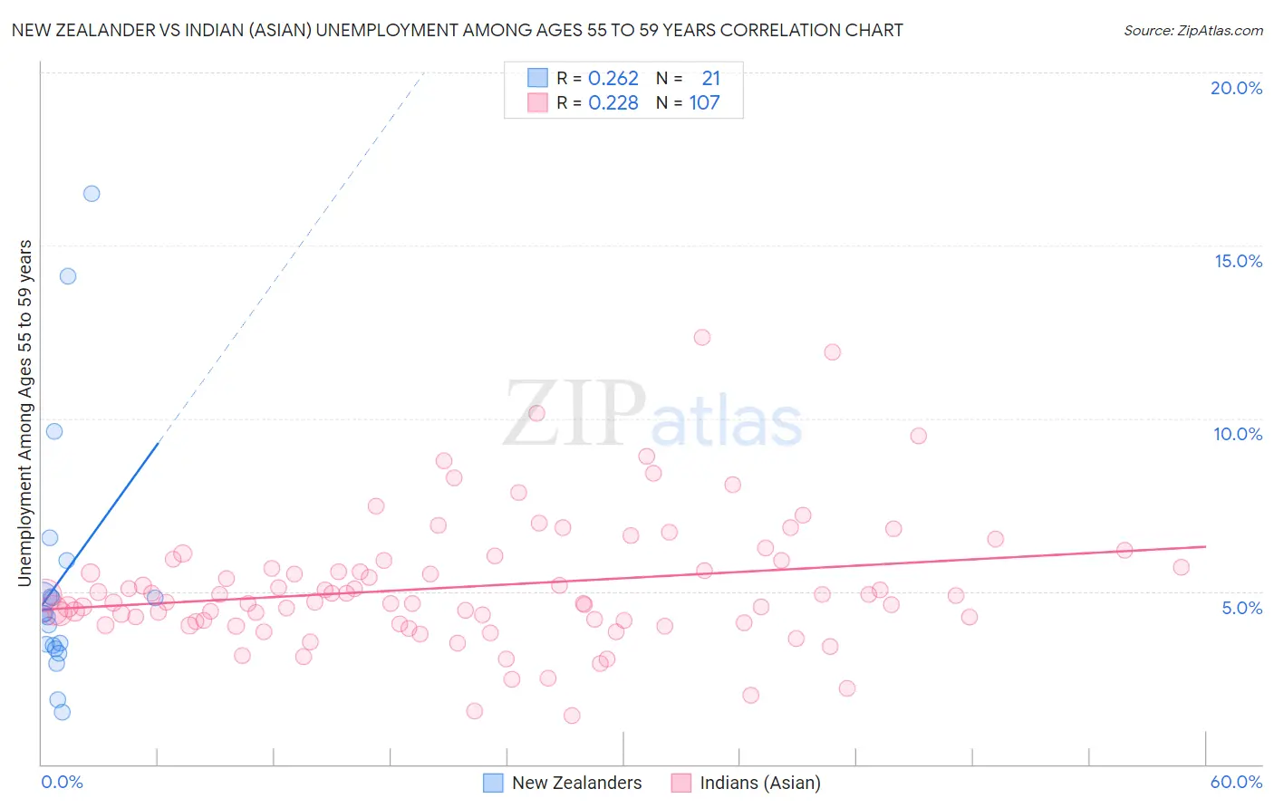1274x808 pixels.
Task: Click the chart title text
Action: point(457,30)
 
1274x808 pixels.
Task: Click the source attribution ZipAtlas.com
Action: point(1192,30)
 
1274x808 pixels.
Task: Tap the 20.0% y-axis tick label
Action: point(1236,88)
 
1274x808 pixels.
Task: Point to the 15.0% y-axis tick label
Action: point(1238,261)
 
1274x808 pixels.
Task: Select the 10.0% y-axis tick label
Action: point(1238,434)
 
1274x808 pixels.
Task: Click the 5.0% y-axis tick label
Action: point(1241,608)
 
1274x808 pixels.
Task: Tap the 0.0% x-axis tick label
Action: point(62,782)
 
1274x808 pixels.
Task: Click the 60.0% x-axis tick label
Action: point(1236,782)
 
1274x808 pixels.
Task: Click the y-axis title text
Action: point(24,412)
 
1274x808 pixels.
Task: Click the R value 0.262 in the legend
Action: point(613,79)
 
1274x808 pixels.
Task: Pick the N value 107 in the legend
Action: point(704,103)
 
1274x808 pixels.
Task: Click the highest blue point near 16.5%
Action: point(92,194)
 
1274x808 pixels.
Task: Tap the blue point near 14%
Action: point(68,276)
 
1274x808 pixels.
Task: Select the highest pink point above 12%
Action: point(702,337)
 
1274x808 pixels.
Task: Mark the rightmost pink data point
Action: point(1181,567)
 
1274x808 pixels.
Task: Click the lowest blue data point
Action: point(62,712)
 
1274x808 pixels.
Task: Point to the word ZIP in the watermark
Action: point(574,414)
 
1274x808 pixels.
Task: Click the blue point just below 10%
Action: point(54,431)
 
